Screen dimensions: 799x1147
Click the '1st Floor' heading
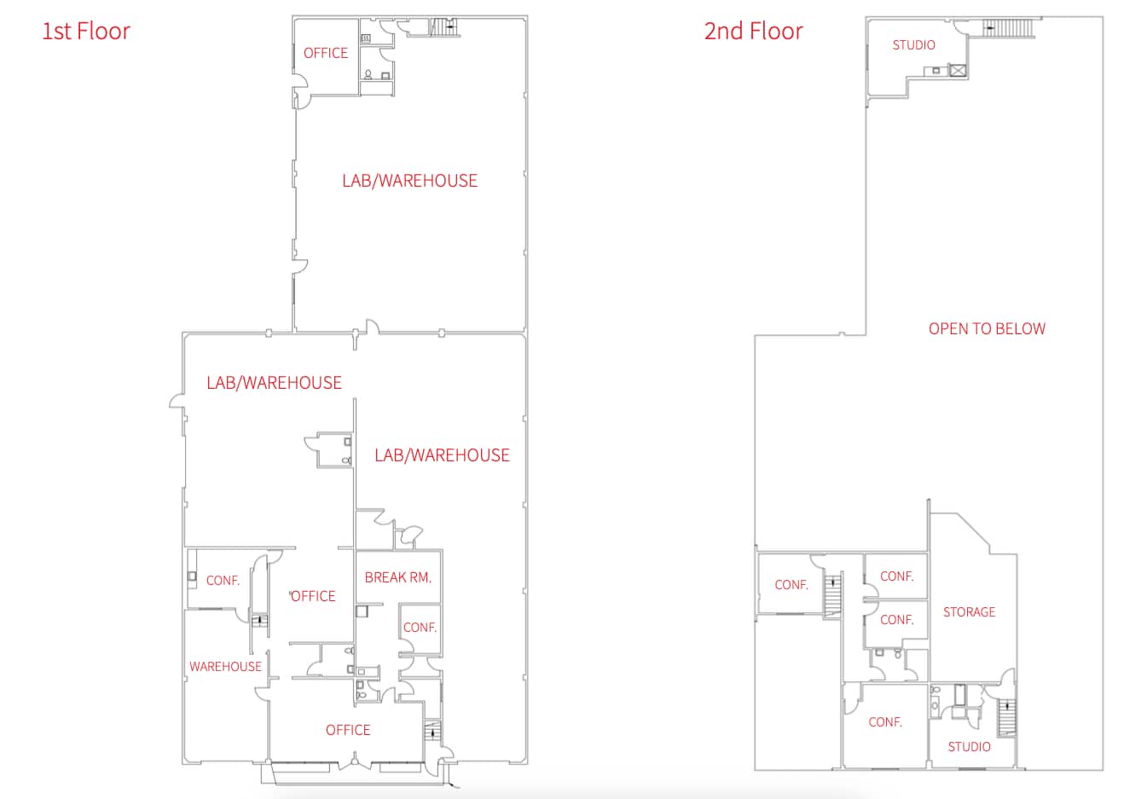86,32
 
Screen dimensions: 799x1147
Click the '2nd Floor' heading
753,32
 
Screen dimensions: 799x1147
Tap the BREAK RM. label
397,577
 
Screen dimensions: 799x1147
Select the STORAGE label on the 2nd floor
969,612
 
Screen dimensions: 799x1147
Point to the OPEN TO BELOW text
987,329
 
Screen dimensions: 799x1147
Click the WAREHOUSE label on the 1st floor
225,667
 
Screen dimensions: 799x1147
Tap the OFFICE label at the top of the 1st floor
326,53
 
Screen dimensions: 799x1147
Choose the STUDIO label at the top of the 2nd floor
913,45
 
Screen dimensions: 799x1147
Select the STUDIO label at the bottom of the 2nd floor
969,747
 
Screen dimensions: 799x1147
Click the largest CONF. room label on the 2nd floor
885,722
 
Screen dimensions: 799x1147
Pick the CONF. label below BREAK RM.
420,628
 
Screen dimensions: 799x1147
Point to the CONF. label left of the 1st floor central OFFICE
223,581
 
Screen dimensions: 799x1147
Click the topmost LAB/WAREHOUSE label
409,181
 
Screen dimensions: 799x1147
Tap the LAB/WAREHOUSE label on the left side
274,383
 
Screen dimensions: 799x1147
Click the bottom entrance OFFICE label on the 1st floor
348,730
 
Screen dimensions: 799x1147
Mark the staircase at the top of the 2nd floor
1011,27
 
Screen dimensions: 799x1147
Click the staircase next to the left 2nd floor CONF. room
831,594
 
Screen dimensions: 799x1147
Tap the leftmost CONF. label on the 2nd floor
791,585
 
